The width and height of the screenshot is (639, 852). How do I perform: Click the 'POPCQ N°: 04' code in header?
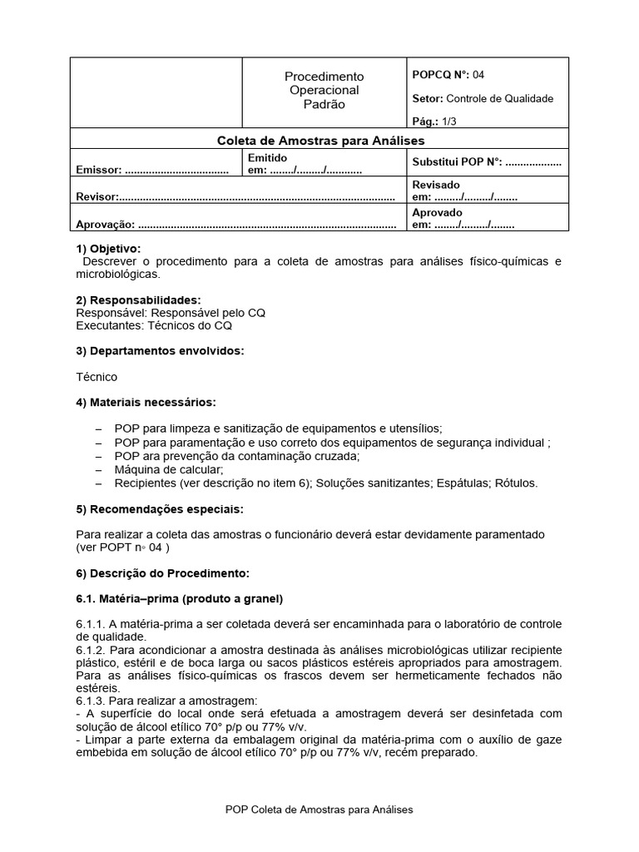point(448,75)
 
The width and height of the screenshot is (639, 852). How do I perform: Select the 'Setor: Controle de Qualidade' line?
point(483,98)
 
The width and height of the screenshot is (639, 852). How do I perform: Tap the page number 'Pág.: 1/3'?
point(435,121)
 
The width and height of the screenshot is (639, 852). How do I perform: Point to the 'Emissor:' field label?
point(99,171)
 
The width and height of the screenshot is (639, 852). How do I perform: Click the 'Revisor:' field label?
point(97,197)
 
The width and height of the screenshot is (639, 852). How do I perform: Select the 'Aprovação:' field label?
point(105,225)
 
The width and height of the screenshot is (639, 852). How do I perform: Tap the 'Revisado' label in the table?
point(436,185)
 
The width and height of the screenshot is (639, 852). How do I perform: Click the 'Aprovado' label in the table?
point(437,212)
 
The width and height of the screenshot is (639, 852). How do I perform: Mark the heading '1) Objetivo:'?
point(108,249)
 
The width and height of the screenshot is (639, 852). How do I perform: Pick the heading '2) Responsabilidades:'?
point(138,300)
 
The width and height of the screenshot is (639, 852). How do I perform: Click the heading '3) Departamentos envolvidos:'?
point(160,351)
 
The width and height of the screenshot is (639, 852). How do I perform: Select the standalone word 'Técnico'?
point(97,377)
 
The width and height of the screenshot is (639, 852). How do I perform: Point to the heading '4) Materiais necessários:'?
point(146,403)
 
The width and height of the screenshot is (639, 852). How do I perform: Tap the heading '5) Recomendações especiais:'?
point(160,508)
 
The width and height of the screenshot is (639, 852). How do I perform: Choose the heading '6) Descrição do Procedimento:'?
point(162,573)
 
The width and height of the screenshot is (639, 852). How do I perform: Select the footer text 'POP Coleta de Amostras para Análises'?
point(319,809)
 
